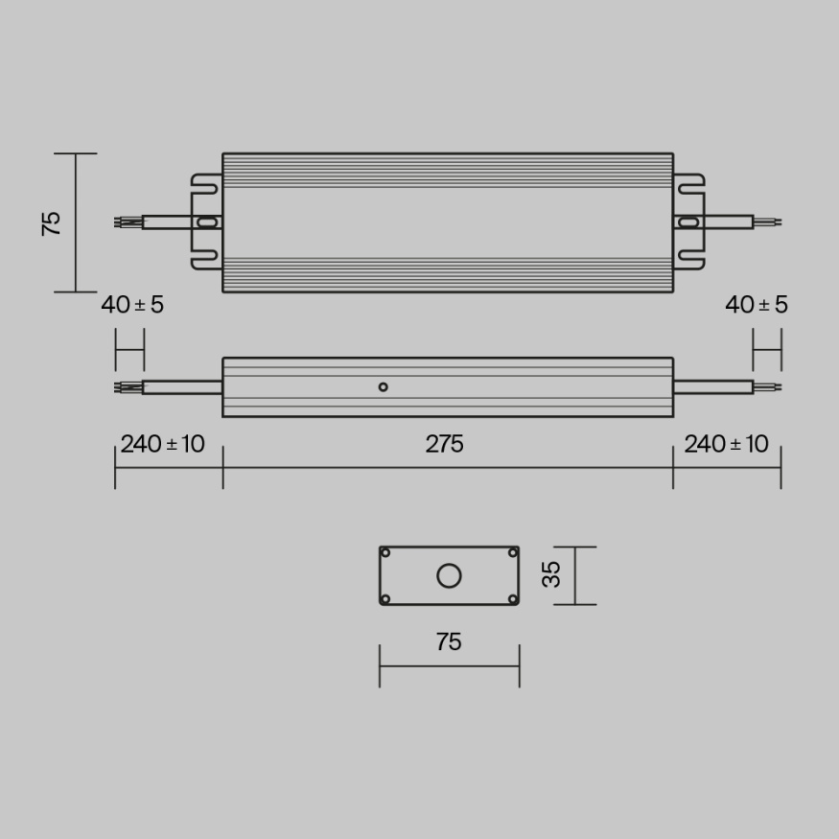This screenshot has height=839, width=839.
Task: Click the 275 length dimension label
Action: pos(445,444)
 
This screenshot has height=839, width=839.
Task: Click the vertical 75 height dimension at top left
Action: pos(52,222)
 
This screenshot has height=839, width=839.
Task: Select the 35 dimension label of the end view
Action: pos(550,575)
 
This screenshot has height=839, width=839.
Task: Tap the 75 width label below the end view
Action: pos(448,641)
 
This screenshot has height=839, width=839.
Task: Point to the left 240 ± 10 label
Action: pos(162,444)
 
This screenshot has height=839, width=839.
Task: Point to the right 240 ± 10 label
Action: pos(726,444)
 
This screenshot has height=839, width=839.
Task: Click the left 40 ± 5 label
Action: pos(132,305)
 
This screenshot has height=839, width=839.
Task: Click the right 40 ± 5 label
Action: pos(757,305)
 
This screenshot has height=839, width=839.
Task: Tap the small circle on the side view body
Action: pos(383,386)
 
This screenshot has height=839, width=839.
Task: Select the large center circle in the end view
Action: pos(449,575)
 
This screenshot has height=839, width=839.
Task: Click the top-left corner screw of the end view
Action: pos(385,552)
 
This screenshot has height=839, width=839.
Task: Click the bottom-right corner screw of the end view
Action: pos(513,599)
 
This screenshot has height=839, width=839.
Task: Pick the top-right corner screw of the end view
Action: pos(513,552)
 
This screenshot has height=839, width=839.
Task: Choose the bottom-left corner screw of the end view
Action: pos(385,599)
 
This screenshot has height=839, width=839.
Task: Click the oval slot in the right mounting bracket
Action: pos(688,222)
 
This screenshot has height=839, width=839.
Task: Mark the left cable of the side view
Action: pos(182,387)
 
